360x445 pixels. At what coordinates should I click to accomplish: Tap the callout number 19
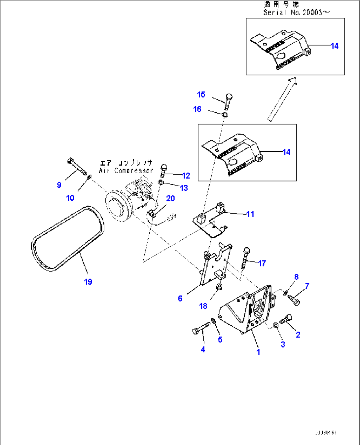88,282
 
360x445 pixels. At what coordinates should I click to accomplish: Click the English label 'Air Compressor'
126,171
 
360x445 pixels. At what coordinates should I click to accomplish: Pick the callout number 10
70,198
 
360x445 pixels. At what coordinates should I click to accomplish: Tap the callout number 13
184,188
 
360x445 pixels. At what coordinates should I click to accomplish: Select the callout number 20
170,198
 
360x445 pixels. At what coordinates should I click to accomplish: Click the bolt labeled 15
229,101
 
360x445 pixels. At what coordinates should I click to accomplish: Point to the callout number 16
197,109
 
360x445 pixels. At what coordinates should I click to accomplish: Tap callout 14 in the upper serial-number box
335,46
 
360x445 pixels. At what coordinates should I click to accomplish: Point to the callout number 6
180,298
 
